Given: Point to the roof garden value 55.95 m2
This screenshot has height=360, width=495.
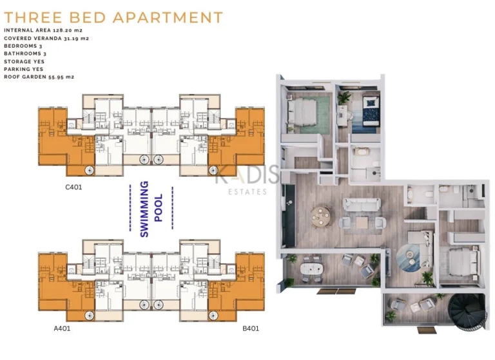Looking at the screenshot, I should point(62,77).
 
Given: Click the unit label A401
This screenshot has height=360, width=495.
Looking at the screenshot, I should point(62,329).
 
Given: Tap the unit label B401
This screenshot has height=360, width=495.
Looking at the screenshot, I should point(251,329).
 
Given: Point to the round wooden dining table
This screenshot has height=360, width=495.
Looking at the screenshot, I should point(320,215).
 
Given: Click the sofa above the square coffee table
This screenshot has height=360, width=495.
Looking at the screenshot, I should point(362,205).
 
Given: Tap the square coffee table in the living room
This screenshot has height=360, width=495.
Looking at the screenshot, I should point(362,222).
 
